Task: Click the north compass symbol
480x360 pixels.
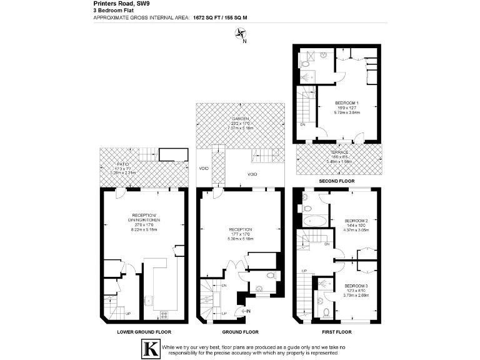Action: (241, 36)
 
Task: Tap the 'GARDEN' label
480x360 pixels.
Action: (240, 119)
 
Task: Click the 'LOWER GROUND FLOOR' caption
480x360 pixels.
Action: (144, 332)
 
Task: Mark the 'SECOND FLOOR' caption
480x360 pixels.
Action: (337, 181)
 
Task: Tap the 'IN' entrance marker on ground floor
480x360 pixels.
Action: (248, 311)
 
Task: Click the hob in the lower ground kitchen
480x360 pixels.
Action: (165, 314)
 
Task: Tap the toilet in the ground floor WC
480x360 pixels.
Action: (269, 275)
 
